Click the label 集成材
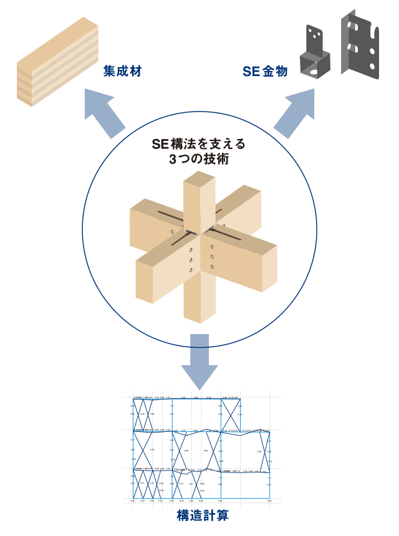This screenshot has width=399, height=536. click(x=122, y=72)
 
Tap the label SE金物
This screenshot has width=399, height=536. click(x=265, y=72)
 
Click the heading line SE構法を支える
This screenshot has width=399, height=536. click(x=199, y=144)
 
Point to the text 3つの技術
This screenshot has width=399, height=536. click(x=199, y=160)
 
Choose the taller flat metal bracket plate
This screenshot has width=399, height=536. click(x=361, y=44)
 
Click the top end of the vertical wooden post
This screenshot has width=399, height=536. click(x=199, y=182)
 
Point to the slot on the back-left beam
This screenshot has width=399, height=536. click(x=168, y=214)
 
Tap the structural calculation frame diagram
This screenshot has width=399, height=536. click(x=201, y=448)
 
